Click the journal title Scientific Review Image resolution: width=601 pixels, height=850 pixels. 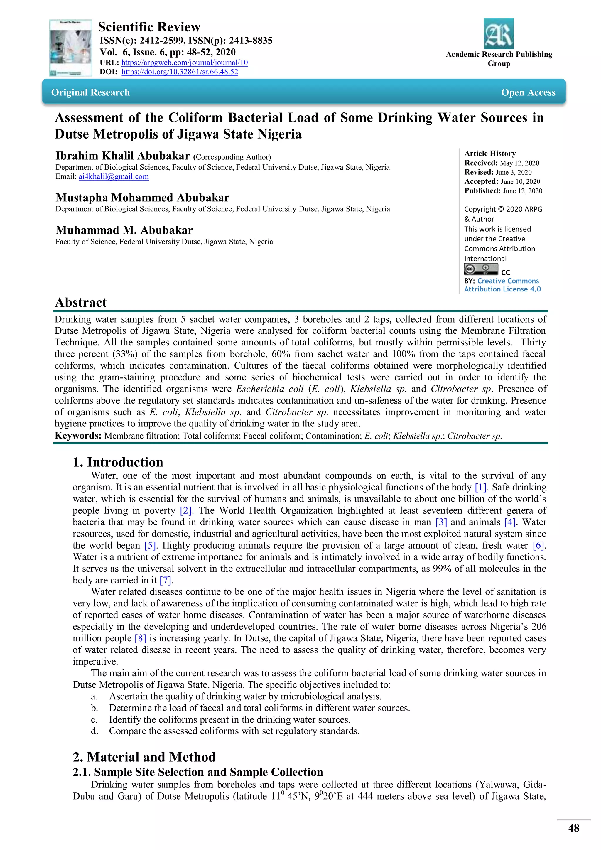(x=149, y=27)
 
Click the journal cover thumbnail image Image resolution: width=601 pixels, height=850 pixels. (x=71, y=48)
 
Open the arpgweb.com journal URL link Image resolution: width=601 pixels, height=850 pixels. (x=184, y=63)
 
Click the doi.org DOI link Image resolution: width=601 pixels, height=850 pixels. (x=180, y=72)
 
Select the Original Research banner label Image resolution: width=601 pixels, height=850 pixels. (x=90, y=92)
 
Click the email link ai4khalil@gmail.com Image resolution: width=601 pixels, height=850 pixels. (x=113, y=177)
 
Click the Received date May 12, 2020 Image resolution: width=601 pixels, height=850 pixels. (x=519, y=163)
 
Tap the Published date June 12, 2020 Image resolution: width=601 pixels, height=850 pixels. (x=522, y=191)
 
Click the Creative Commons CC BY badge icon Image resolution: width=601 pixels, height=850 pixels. (x=481, y=269)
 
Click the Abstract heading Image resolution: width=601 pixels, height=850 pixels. (x=81, y=303)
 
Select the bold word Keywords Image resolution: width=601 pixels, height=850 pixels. (x=78, y=436)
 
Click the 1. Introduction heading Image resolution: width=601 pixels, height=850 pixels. (x=118, y=462)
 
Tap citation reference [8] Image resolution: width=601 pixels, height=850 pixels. (x=140, y=638)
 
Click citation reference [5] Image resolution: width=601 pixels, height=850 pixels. (x=150, y=545)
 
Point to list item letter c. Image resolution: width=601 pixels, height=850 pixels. (x=94, y=720)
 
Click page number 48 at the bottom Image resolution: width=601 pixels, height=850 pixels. (x=573, y=828)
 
